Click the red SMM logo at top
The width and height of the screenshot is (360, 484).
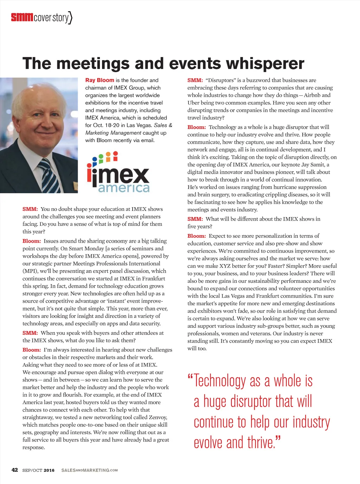click(22, 17)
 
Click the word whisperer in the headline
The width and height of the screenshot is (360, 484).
click(265, 64)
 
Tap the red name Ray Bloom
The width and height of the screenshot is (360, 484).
click(99, 80)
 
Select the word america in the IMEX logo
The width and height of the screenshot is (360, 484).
click(124, 188)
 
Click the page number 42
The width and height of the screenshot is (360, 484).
click(15, 470)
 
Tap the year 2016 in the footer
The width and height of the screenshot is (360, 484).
click(49, 470)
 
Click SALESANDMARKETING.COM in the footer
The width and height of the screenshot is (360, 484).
click(89, 470)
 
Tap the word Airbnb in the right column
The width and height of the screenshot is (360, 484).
click(313, 95)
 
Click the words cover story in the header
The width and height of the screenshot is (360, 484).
click(51, 18)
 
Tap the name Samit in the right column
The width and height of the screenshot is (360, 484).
click(317, 165)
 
